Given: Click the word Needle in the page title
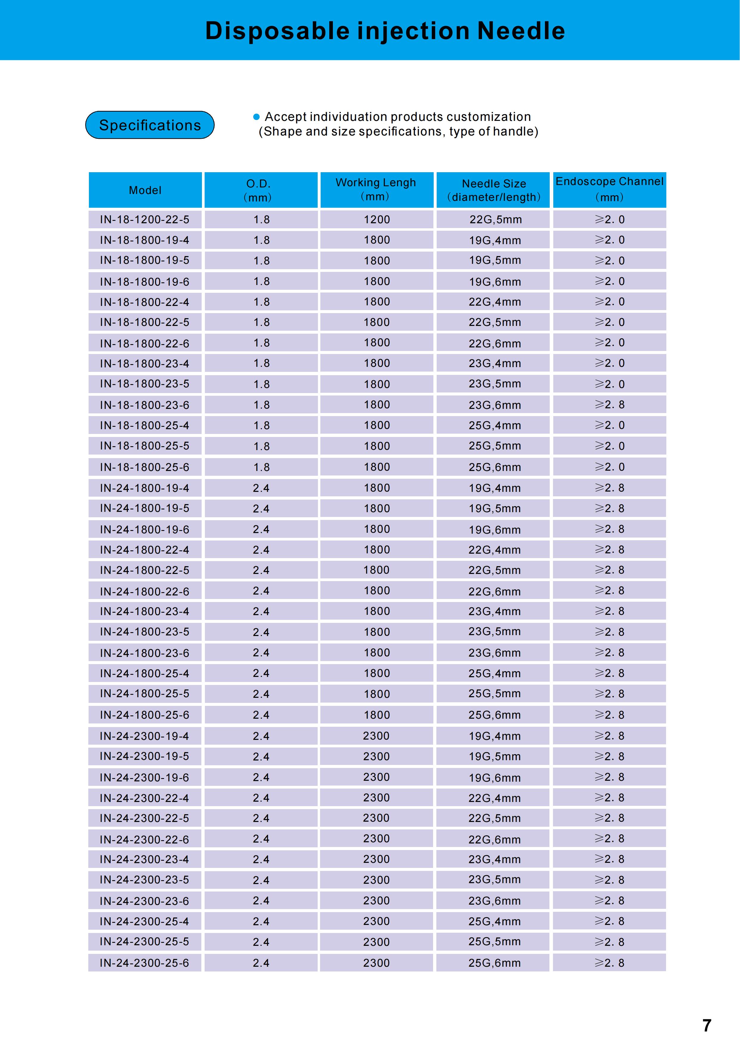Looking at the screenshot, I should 521,31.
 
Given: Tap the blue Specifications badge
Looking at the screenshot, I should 150,125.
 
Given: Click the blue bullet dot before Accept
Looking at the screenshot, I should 256,117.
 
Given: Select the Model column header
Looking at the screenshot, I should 145,190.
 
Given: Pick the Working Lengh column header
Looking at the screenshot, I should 376,189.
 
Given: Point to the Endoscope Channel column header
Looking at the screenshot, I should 609,189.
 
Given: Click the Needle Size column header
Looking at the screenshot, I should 494,190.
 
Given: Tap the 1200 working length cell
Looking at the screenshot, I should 376,219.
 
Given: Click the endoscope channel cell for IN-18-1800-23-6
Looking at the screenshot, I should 609,404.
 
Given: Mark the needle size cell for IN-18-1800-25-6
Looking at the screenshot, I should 495,467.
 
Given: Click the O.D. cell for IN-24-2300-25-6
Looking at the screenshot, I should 261,963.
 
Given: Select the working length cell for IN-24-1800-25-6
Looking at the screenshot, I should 376,715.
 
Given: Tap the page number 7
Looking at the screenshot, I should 707,1026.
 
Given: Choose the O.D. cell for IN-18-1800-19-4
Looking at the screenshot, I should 261,240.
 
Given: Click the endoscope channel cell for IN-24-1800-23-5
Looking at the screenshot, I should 609,632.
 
